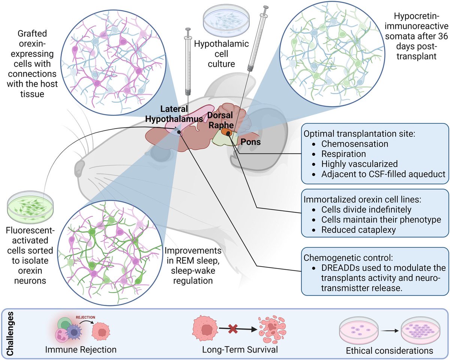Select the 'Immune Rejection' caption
click(x=81, y=349)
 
